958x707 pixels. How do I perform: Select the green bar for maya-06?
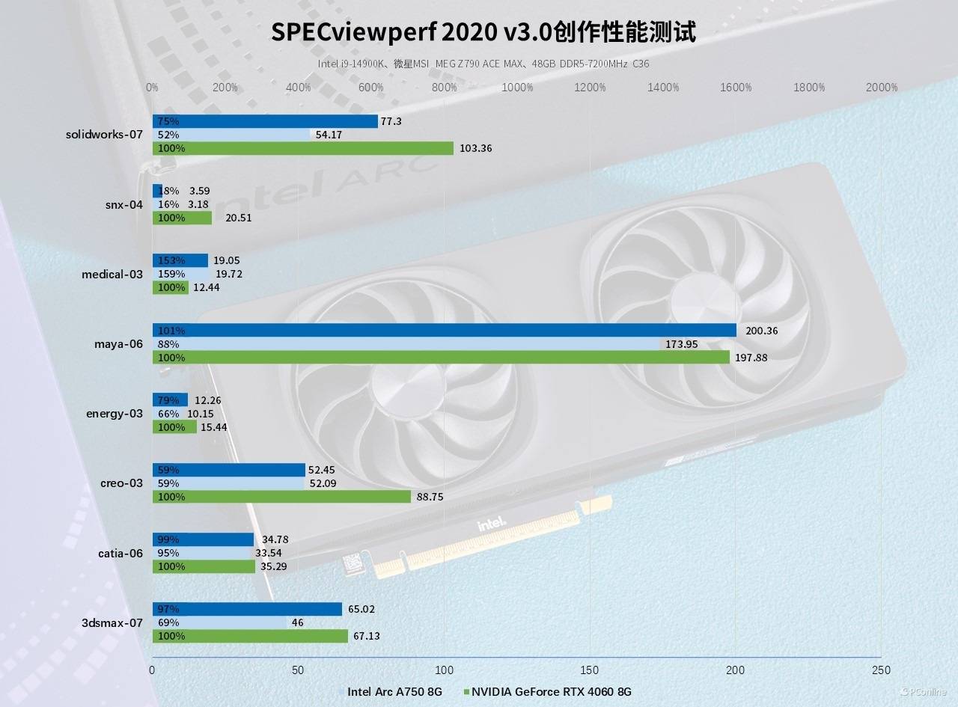[441, 358]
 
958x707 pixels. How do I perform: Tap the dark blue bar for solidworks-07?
[265, 121]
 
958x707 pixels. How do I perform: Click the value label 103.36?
[475, 148]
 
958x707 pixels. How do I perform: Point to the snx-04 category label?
[123, 204]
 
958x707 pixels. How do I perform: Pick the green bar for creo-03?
[281, 497]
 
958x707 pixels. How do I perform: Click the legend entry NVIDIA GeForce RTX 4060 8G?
[551, 691]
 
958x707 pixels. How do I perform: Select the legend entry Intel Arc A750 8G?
[394, 691]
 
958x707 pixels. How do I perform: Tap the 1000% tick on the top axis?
[517, 88]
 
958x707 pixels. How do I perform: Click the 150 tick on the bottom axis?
[590, 670]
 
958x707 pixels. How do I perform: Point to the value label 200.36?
[760, 331]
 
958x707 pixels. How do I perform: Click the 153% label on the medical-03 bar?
[171, 260]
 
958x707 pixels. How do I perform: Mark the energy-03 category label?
[115, 413]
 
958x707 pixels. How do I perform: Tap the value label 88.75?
[433, 497]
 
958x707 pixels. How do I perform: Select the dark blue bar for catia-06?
[203, 539]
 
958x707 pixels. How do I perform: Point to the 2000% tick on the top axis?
[881, 88]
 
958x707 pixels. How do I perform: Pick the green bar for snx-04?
[182, 218]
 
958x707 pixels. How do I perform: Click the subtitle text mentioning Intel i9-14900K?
[483, 64]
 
